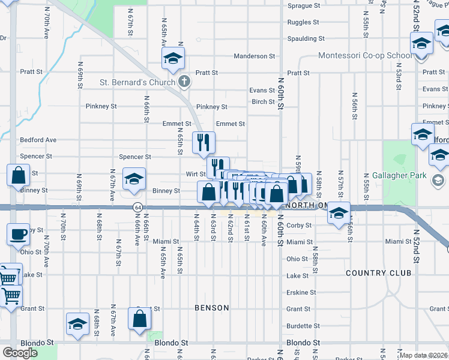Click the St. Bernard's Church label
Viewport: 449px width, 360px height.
[137, 82]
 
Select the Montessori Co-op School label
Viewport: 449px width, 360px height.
[364, 56]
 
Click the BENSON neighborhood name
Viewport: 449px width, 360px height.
[212, 308]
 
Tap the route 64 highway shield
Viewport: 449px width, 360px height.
[137, 207]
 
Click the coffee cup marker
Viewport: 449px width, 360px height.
[18, 233]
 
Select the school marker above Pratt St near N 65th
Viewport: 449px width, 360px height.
[173, 58]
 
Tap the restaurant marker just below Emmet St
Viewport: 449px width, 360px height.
[203, 142]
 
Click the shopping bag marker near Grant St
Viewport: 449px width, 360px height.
[139, 319]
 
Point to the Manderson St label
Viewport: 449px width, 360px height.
[254, 56]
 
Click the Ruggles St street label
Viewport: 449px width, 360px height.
[303, 22]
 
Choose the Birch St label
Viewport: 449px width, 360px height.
[263, 102]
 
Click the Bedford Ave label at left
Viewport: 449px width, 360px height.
[38, 140]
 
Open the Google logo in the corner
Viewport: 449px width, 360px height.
[20, 353]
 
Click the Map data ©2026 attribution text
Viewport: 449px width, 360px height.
[423, 355]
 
